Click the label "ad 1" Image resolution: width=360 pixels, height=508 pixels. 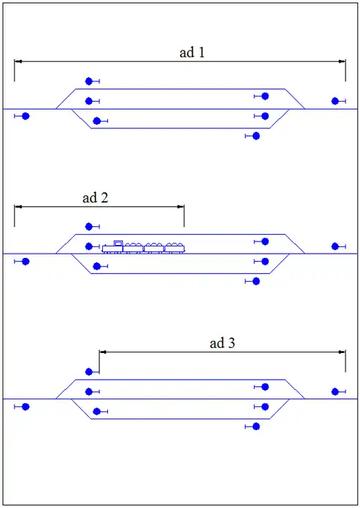click(x=192, y=52)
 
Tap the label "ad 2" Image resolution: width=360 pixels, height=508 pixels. click(x=95, y=197)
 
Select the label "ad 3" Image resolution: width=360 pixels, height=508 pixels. click(x=222, y=343)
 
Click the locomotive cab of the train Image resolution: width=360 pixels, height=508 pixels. click(x=119, y=244)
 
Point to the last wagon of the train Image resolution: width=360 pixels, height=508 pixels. click(x=174, y=248)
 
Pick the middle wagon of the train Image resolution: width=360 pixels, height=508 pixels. click(x=154, y=248)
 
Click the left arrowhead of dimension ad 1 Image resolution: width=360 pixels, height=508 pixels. click(x=19, y=61)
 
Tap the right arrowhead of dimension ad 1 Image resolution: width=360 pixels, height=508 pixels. click(x=341, y=61)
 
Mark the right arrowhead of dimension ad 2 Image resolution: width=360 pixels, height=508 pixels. click(x=180, y=207)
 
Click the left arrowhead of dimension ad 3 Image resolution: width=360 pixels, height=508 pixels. click(x=103, y=352)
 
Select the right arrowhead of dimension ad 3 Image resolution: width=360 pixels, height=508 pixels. click(x=341, y=352)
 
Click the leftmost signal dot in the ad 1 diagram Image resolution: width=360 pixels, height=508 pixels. click(x=26, y=116)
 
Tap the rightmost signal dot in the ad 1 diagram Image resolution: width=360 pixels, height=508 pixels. click(x=335, y=101)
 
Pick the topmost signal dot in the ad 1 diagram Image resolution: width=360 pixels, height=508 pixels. click(x=89, y=81)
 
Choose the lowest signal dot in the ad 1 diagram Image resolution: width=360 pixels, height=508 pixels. click(x=256, y=136)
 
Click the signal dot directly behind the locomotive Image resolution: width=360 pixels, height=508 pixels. click(x=89, y=246)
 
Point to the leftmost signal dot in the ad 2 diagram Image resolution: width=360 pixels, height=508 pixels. click(x=26, y=262)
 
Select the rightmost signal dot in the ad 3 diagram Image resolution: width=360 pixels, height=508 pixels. click(x=335, y=392)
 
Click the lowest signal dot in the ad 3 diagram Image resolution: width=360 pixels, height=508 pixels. click(x=256, y=427)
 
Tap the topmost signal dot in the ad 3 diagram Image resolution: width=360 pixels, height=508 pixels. click(x=89, y=372)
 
